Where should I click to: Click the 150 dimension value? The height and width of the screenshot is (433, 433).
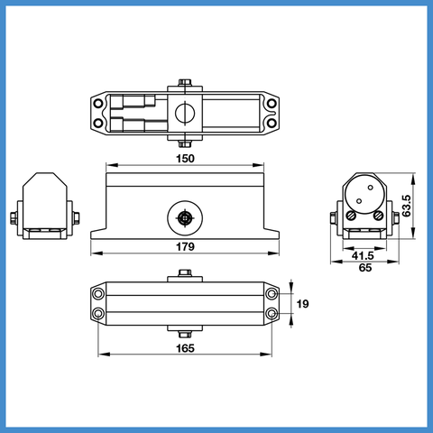pyautogui.click(x=185, y=159)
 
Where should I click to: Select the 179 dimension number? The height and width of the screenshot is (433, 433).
pyautogui.click(x=185, y=246)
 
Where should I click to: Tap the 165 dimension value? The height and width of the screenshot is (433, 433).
pyautogui.click(x=185, y=348)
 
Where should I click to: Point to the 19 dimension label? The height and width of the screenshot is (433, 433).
pyautogui.click(x=302, y=304)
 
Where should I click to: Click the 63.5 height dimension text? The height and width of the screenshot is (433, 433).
pyautogui.click(x=407, y=206)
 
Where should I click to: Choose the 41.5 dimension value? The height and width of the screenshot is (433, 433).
pyautogui.click(x=363, y=256)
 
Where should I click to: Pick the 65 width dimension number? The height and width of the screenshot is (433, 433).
pyautogui.click(x=365, y=267)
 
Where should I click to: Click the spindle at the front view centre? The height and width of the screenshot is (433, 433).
pyautogui.click(x=184, y=218)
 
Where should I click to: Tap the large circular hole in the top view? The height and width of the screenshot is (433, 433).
pyautogui.click(x=185, y=114)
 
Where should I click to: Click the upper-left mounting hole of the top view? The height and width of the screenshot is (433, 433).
pyautogui.click(x=98, y=104)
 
